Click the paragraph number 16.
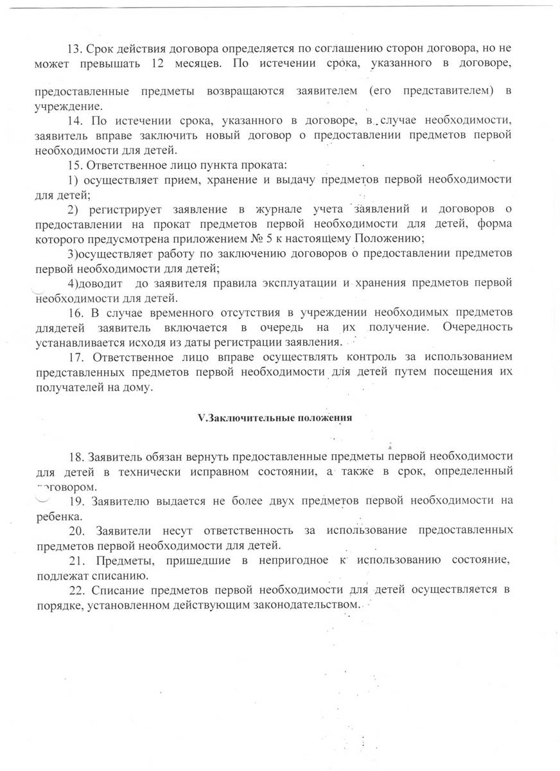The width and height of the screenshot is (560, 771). (74, 312)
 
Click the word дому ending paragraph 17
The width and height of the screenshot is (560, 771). (140, 387)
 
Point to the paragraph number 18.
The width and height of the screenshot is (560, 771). (76, 457)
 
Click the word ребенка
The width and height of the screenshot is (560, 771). (57, 517)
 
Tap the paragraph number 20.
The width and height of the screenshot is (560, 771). (76, 531)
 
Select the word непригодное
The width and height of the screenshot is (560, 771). (297, 560)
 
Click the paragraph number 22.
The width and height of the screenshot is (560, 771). (76, 590)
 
